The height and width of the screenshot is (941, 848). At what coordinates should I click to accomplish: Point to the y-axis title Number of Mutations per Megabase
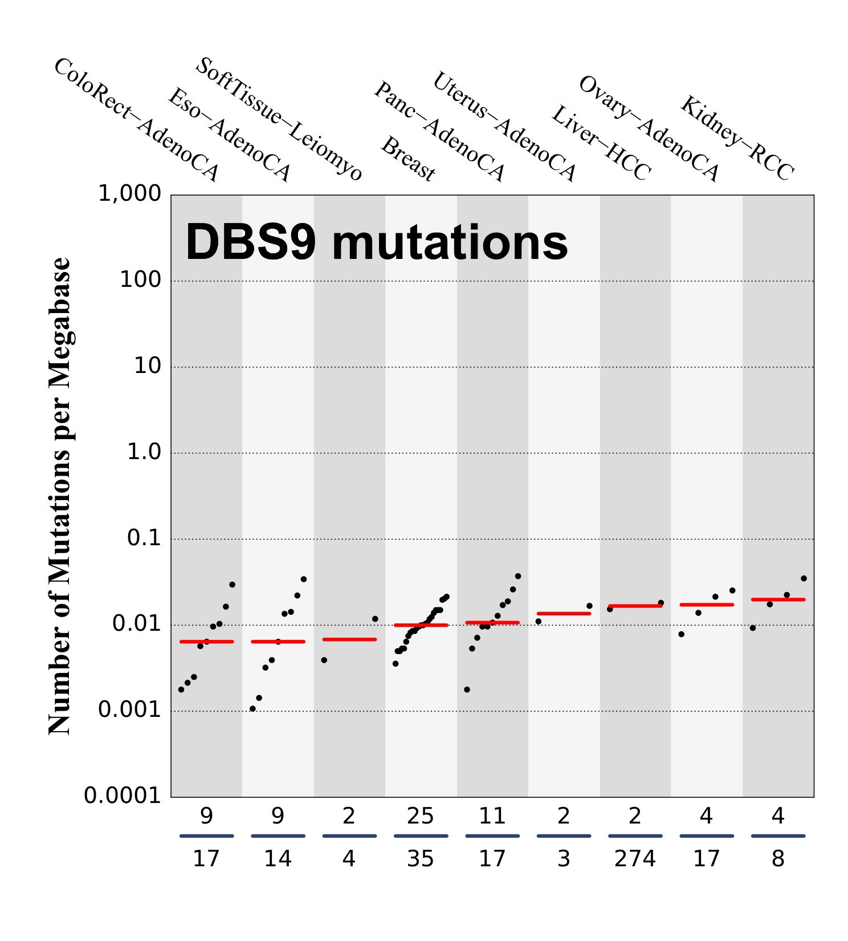pos(59,496)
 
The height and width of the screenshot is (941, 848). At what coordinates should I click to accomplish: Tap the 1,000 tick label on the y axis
pos(130,194)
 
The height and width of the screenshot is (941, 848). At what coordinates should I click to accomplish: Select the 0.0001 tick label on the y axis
pos(123,796)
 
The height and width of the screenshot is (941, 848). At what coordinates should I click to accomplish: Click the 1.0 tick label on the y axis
pos(144,452)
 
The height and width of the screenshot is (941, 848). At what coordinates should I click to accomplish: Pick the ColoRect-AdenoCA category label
pos(136,120)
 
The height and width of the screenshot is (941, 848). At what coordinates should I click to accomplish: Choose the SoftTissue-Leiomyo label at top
pos(279,119)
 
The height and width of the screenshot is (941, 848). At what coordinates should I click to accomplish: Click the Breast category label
pos(408,159)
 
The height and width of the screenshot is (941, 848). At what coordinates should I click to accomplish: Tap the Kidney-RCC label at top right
pos(737,139)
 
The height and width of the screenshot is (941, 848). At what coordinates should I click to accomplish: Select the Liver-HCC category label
pos(601,144)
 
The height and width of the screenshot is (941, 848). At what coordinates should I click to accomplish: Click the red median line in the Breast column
pos(421,625)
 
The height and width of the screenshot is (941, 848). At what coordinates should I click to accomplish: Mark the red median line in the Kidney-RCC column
pos(778,599)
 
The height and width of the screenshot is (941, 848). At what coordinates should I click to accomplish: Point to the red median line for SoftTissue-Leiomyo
pos(349,639)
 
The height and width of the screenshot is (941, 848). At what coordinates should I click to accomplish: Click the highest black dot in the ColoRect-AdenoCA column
pos(232,585)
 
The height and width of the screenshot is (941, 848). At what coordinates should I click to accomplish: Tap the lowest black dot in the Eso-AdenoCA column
pos(252,709)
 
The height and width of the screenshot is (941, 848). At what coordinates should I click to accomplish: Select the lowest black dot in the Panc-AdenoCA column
pos(467,689)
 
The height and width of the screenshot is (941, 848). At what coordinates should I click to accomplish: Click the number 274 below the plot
pos(635,858)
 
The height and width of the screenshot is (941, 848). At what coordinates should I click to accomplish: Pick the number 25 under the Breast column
pos(421,817)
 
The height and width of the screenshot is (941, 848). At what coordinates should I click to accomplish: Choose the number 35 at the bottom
pos(421,858)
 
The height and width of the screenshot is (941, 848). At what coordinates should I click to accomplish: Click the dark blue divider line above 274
pos(635,836)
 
